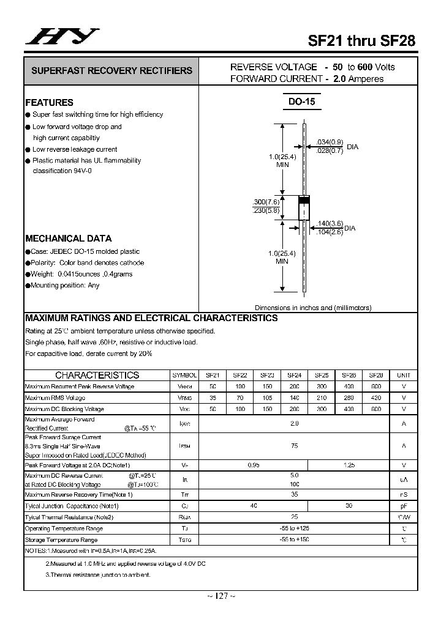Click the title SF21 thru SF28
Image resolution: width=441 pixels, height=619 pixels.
pyautogui.click(x=361, y=41)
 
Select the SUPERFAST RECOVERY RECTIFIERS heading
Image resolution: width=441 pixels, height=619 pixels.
pyautogui.click(x=111, y=71)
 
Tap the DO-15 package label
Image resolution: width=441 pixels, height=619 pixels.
pyautogui.click(x=301, y=102)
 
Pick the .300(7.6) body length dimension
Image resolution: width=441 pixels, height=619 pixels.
pyautogui.click(x=266, y=202)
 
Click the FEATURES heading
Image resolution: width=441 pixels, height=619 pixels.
pyautogui.click(x=49, y=103)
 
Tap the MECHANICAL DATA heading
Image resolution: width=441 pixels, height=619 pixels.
pyautogui.click(x=68, y=239)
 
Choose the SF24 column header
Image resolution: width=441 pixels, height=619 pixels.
pyautogui.click(x=294, y=375)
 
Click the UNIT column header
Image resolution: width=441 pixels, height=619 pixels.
pyautogui.click(x=404, y=375)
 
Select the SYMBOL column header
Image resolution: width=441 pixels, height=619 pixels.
pyautogui.click(x=184, y=375)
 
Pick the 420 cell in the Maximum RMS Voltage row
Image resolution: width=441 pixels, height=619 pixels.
pyautogui.click(x=376, y=398)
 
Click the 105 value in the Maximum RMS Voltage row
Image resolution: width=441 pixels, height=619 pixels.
pyautogui.click(x=267, y=398)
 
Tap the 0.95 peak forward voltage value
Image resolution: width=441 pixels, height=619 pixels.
pyautogui.click(x=254, y=465)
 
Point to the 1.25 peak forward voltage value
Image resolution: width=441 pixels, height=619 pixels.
pyautogui.click(x=349, y=465)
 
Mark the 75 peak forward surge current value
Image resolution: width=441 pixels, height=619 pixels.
pyautogui.click(x=295, y=446)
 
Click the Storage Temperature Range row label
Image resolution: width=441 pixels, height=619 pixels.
pyautogui.click(x=61, y=540)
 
